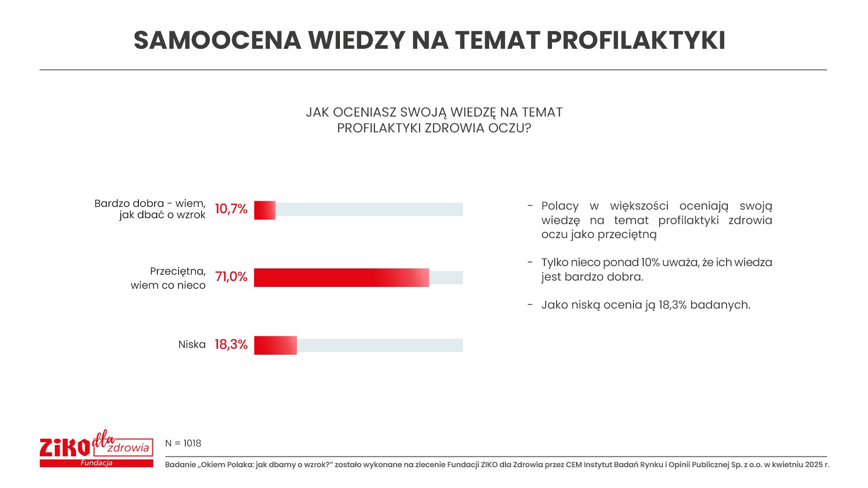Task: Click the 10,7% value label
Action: point(231,209)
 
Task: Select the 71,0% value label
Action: point(231,277)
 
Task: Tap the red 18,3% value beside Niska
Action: point(231,345)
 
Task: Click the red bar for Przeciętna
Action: point(341,277)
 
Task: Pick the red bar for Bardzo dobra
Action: point(265,210)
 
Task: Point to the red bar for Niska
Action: point(275,345)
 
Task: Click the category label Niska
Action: point(192,345)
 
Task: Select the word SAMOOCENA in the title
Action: point(217,40)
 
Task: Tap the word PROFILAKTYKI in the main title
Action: point(636,40)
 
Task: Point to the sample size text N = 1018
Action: point(183,443)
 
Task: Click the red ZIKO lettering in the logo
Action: point(65,448)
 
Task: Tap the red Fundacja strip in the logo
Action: point(96,463)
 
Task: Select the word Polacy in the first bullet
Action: point(560,206)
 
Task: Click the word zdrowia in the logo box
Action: point(128,448)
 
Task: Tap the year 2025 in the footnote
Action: point(814,465)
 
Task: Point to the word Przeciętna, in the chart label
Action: point(178,272)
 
